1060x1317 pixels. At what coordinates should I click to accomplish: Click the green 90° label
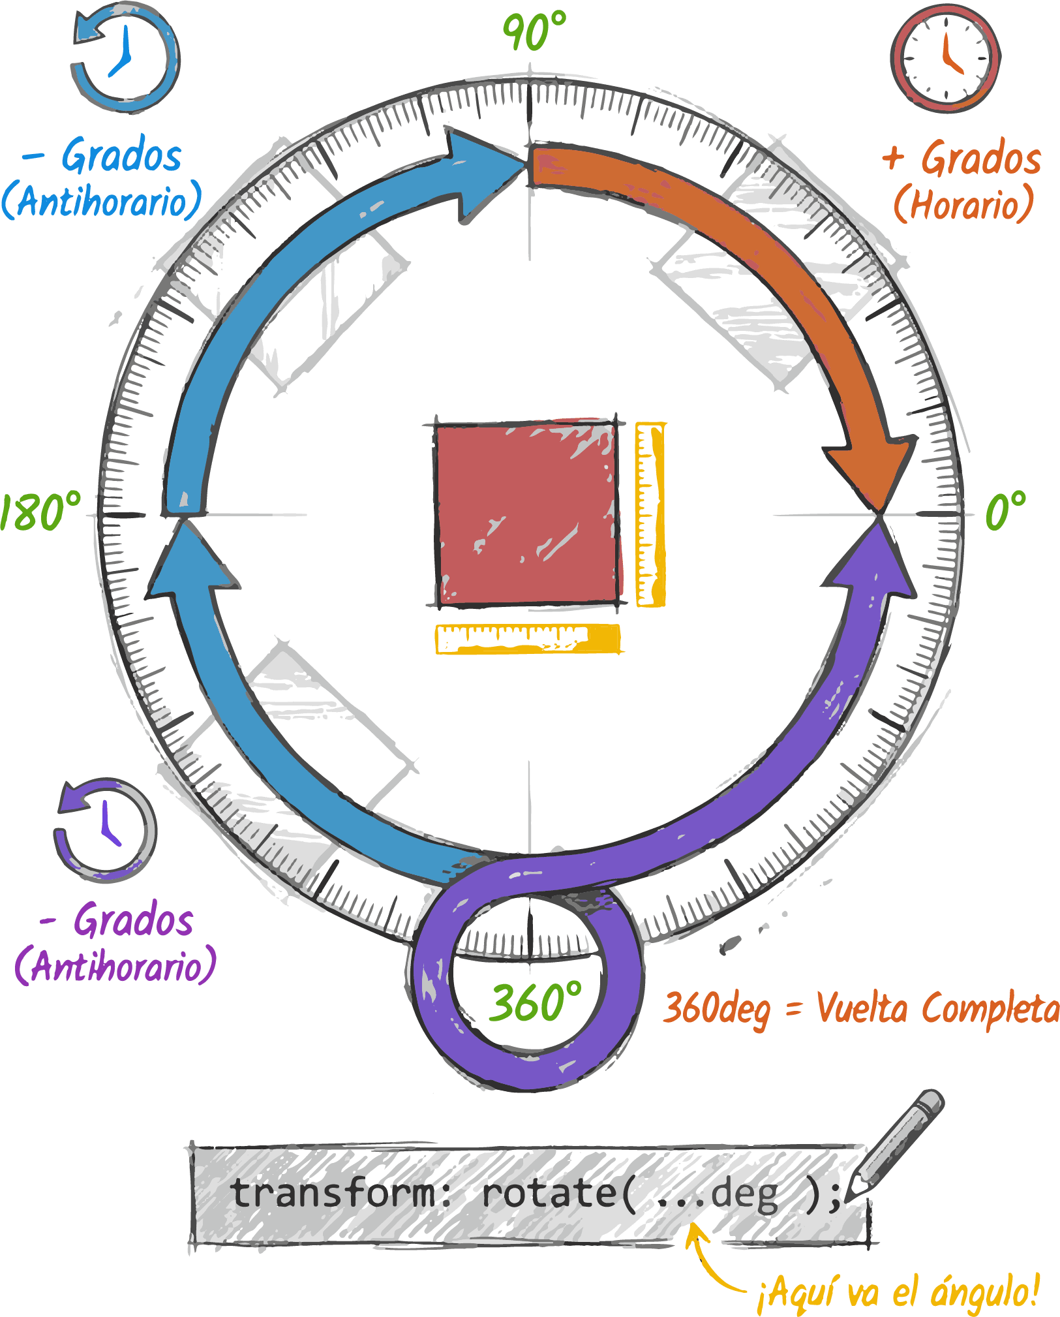pos(534,31)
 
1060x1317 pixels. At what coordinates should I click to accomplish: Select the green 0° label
pos(1005,510)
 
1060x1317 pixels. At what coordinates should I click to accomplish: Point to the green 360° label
pos(536,1002)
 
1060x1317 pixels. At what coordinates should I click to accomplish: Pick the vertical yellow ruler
pos(650,514)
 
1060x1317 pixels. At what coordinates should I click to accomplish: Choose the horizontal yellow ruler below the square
pos(527,638)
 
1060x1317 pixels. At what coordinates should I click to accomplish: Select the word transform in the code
pos(333,1193)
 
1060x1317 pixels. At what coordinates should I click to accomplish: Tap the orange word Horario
pos(963,204)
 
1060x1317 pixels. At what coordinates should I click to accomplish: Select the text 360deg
pos(716,1009)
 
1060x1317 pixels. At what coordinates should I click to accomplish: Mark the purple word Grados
pos(134,920)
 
